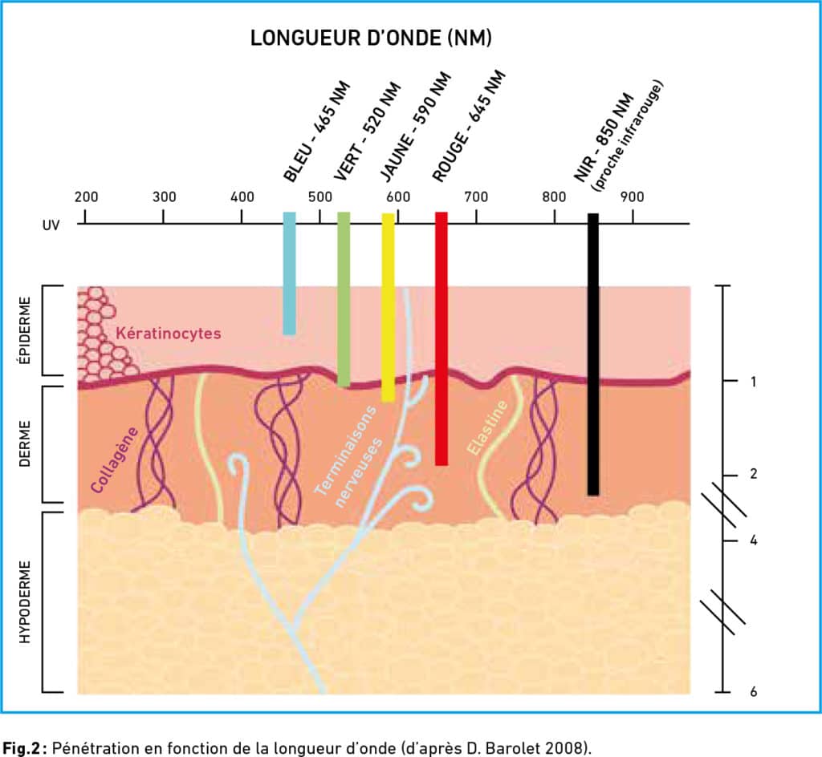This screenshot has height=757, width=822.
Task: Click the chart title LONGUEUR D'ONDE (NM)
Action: pyautogui.click(x=371, y=38)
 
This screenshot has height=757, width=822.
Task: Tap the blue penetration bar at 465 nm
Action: pyautogui.click(x=289, y=273)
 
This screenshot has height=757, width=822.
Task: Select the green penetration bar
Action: pyautogui.click(x=344, y=299)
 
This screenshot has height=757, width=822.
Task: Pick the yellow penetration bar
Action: pyautogui.click(x=388, y=307)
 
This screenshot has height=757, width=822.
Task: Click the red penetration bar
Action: pyautogui.click(x=442, y=338)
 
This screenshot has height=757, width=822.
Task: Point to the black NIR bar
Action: pyautogui.click(x=593, y=354)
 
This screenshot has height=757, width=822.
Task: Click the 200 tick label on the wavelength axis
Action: pyautogui.click(x=86, y=197)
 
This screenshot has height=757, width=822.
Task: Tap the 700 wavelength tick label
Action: pyautogui.click(x=476, y=197)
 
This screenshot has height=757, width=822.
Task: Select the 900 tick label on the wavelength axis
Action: pyautogui.click(x=633, y=197)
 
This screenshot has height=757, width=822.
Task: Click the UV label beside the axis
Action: pyautogui.click(x=51, y=225)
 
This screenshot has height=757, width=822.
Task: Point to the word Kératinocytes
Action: pyautogui.click(x=169, y=334)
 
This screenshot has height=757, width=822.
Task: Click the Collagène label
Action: pyautogui.click(x=115, y=460)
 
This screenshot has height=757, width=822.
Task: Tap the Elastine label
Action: pyautogui.click(x=487, y=427)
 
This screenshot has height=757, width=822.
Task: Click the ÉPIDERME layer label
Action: pyautogui.click(x=25, y=330)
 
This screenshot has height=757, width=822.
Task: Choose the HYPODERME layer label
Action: pyautogui.click(x=25, y=602)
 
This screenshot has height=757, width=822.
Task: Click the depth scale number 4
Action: pyautogui.click(x=753, y=540)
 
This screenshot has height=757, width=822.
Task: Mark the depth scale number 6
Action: pyautogui.click(x=753, y=691)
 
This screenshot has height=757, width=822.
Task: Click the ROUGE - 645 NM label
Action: pyautogui.click(x=469, y=126)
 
